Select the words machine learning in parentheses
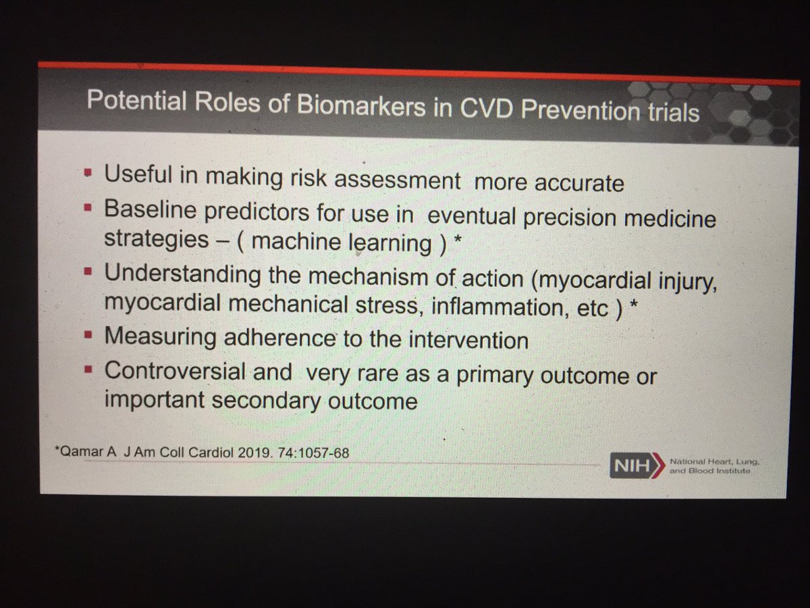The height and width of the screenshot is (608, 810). pyautogui.click(x=358, y=243)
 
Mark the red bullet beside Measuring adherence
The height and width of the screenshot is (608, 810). pyautogui.click(x=87, y=336)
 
